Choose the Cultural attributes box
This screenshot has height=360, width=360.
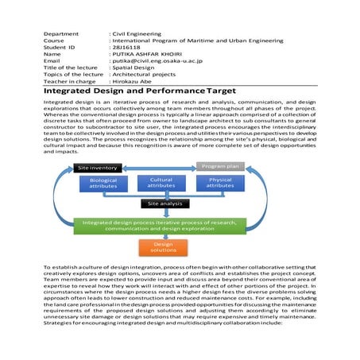pos(161,184)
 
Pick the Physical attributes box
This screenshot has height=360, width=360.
pos(220,184)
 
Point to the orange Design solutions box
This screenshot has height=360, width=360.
pos(158,247)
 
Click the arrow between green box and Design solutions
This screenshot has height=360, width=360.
pos(158,236)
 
